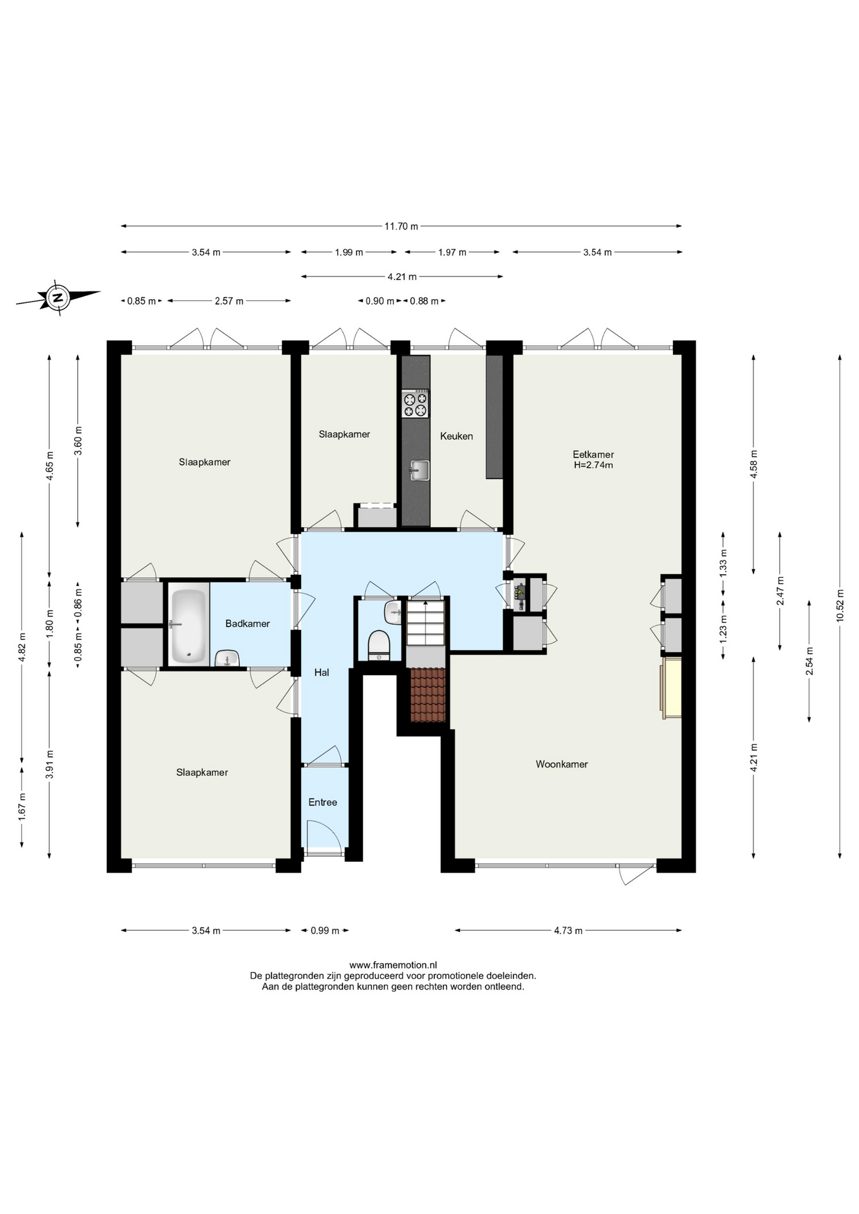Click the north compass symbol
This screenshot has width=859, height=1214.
pyautogui.click(x=58, y=297)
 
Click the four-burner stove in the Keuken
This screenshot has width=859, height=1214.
pyautogui.click(x=416, y=403)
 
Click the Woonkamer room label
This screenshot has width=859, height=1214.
pyautogui.click(x=562, y=764)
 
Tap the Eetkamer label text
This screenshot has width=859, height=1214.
pyautogui.click(x=593, y=454)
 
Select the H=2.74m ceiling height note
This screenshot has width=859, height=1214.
pyautogui.click(x=593, y=465)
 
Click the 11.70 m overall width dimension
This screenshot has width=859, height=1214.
pyautogui.click(x=401, y=226)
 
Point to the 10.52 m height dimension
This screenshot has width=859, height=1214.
pyautogui.click(x=840, y=606)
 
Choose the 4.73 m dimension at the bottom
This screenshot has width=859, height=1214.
pyautogui.click(x=568, y=930)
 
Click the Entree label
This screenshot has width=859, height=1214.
pyautogui.click(x=323, y=802)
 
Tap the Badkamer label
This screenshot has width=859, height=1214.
pyautogui.click(x=248, y=623)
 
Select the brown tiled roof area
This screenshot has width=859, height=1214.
pyautogui.click(x=428, y=695)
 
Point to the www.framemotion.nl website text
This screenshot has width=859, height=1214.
pyautogui.click(x=393, y=965)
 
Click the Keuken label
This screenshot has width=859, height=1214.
pyautogui.click(x=457, y=436)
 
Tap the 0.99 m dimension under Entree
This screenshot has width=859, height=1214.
pyautogui.click(x=324, y=930)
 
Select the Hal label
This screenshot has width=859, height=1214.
pyautogui.click(x=322, y=672)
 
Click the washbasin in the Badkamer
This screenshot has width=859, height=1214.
pyautogui.click(x=226, y=659)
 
